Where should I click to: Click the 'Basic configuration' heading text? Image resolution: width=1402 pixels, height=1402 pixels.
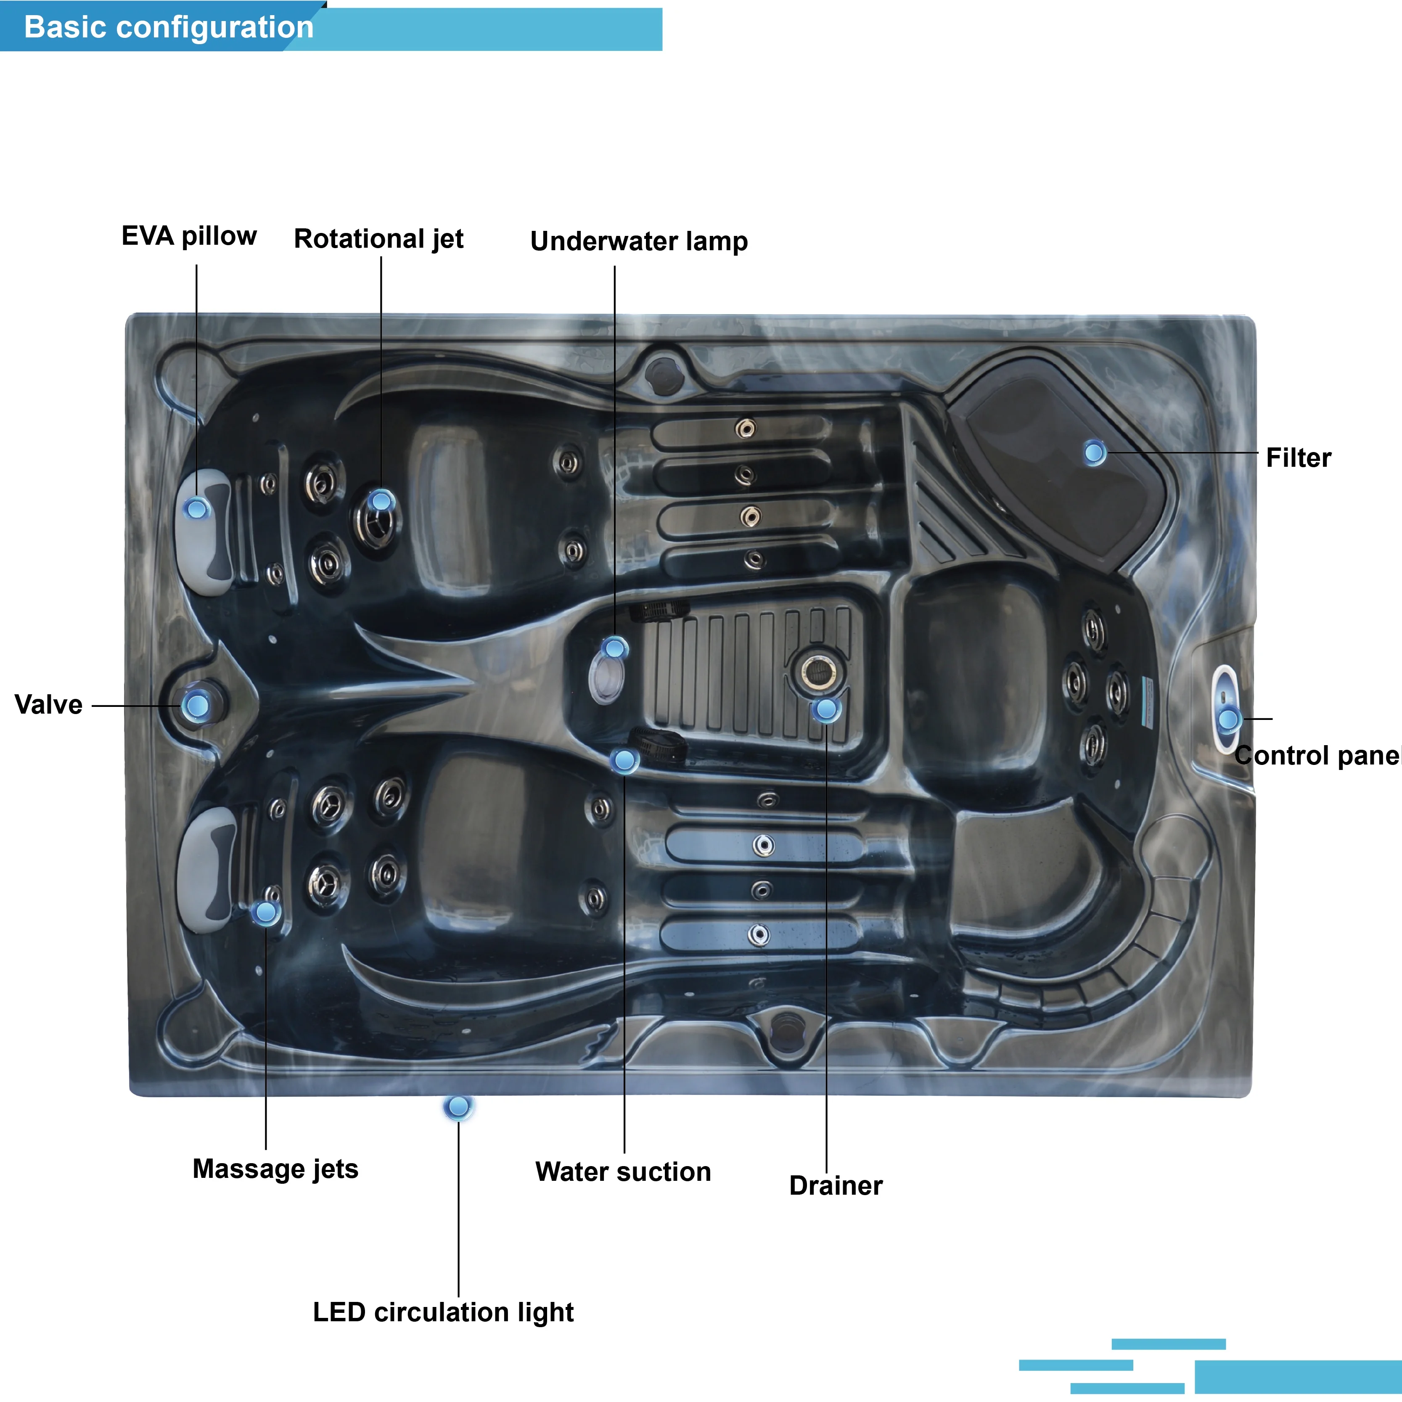coord(169,28)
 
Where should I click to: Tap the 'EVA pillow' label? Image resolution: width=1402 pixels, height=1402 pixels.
coord(189,237)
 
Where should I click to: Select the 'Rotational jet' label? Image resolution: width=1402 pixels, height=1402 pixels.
coord(379,239)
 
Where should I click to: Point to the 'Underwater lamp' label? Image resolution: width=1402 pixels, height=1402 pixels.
coord(639,241)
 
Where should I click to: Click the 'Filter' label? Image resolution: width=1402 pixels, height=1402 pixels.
coord(1298,458)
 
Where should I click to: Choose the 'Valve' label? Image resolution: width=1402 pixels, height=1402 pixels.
coord(49,705)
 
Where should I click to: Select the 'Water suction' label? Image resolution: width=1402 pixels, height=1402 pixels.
coord(623,1172)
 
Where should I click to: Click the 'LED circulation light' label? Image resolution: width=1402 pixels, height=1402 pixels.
coord(443,1312)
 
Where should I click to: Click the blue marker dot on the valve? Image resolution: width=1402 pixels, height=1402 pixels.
coord(196,705)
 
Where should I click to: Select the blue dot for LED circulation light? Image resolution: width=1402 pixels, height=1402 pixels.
coord(459,1107)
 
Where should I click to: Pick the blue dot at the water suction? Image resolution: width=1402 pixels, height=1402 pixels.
coord(624,761)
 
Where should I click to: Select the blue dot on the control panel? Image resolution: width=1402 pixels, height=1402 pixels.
coord(1228,720)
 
